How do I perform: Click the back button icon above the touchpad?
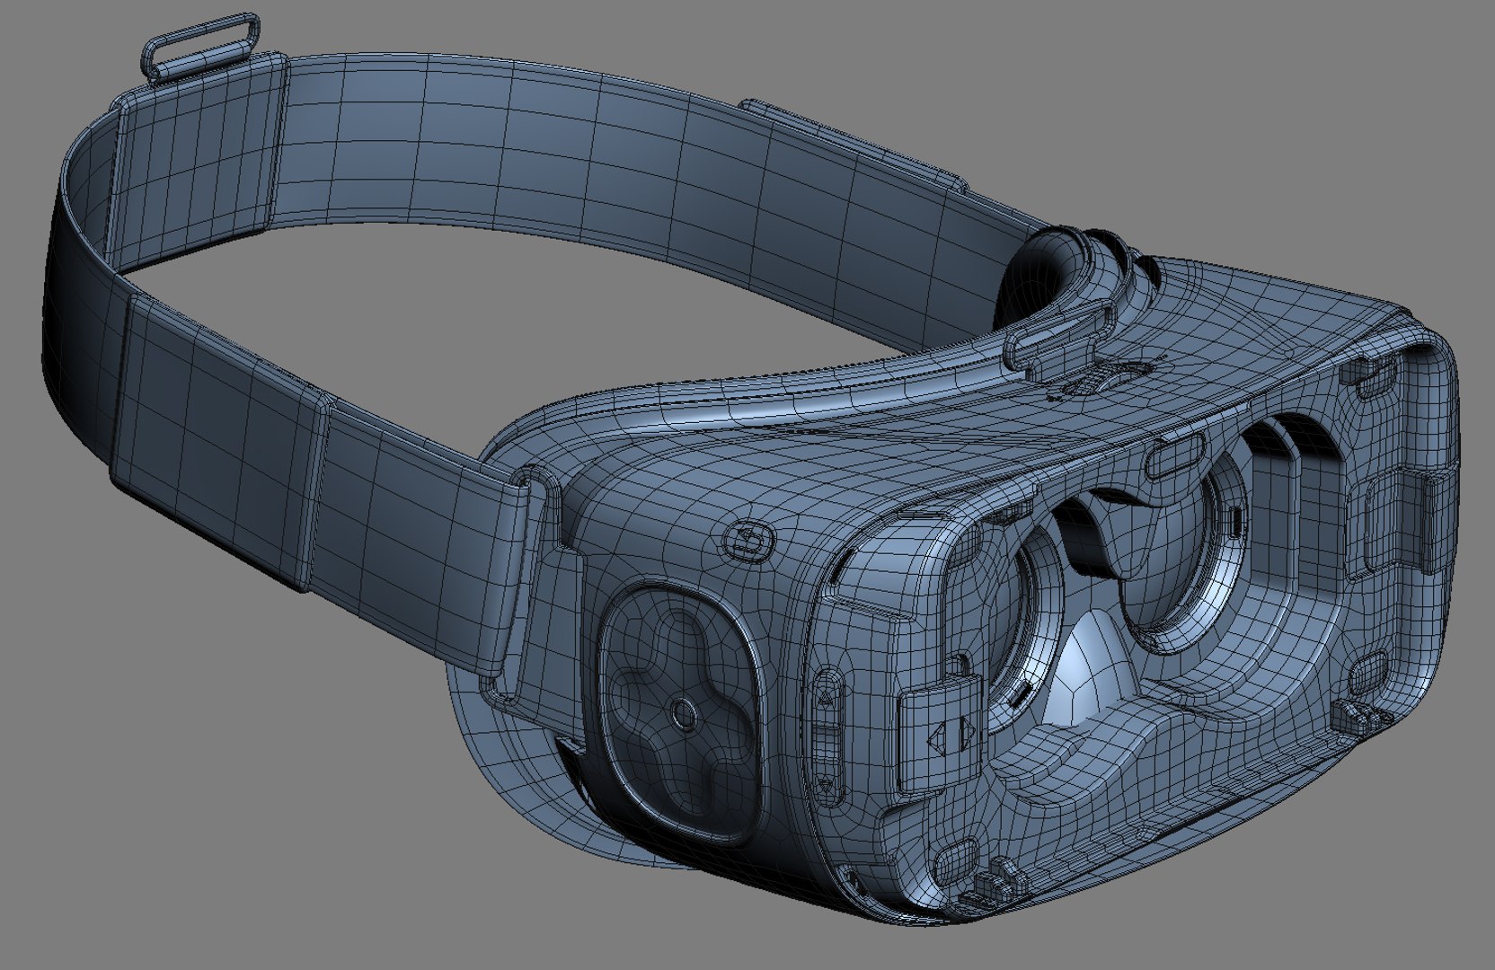(748, 541)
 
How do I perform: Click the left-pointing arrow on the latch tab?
(937, 739)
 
